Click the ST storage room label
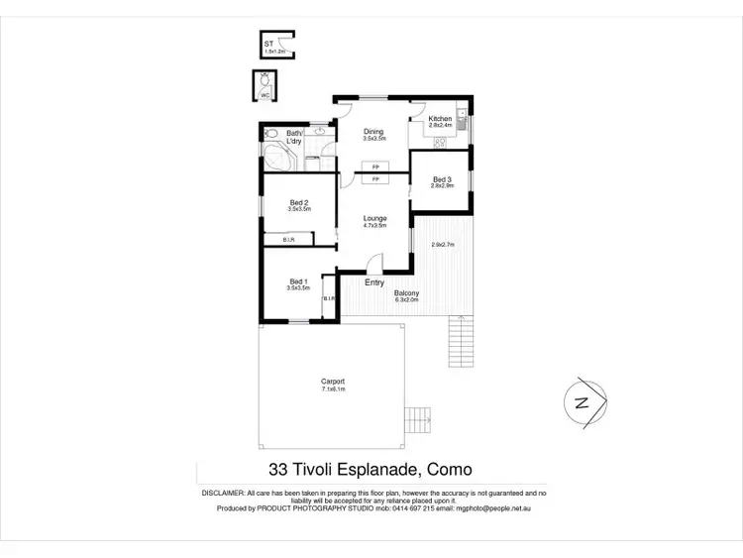(x=267, y=45)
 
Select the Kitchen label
(x=439, y=120)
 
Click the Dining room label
(x=372, y=132)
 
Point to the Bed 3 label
(x=441, y=178)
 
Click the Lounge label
(x=374, y=218)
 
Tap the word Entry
(x=374, y=283)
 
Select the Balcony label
(x=406, y=292)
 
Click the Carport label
(x=332, y=382)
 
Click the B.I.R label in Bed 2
(x=288, y=239)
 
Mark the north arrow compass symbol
(x=582, y=401)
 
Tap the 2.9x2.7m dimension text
(x=442, y=245)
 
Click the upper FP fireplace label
(x=375, y=167)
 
